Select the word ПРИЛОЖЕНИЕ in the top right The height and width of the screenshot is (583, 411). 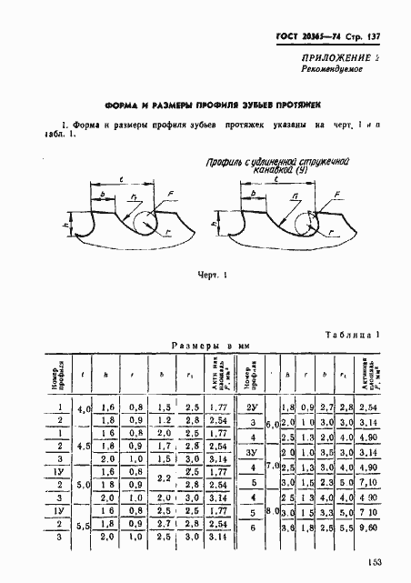click(x=345, y=57)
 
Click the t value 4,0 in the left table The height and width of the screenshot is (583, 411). click(x=85, y=409)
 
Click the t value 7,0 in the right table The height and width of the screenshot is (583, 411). click(x=269, y=467)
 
